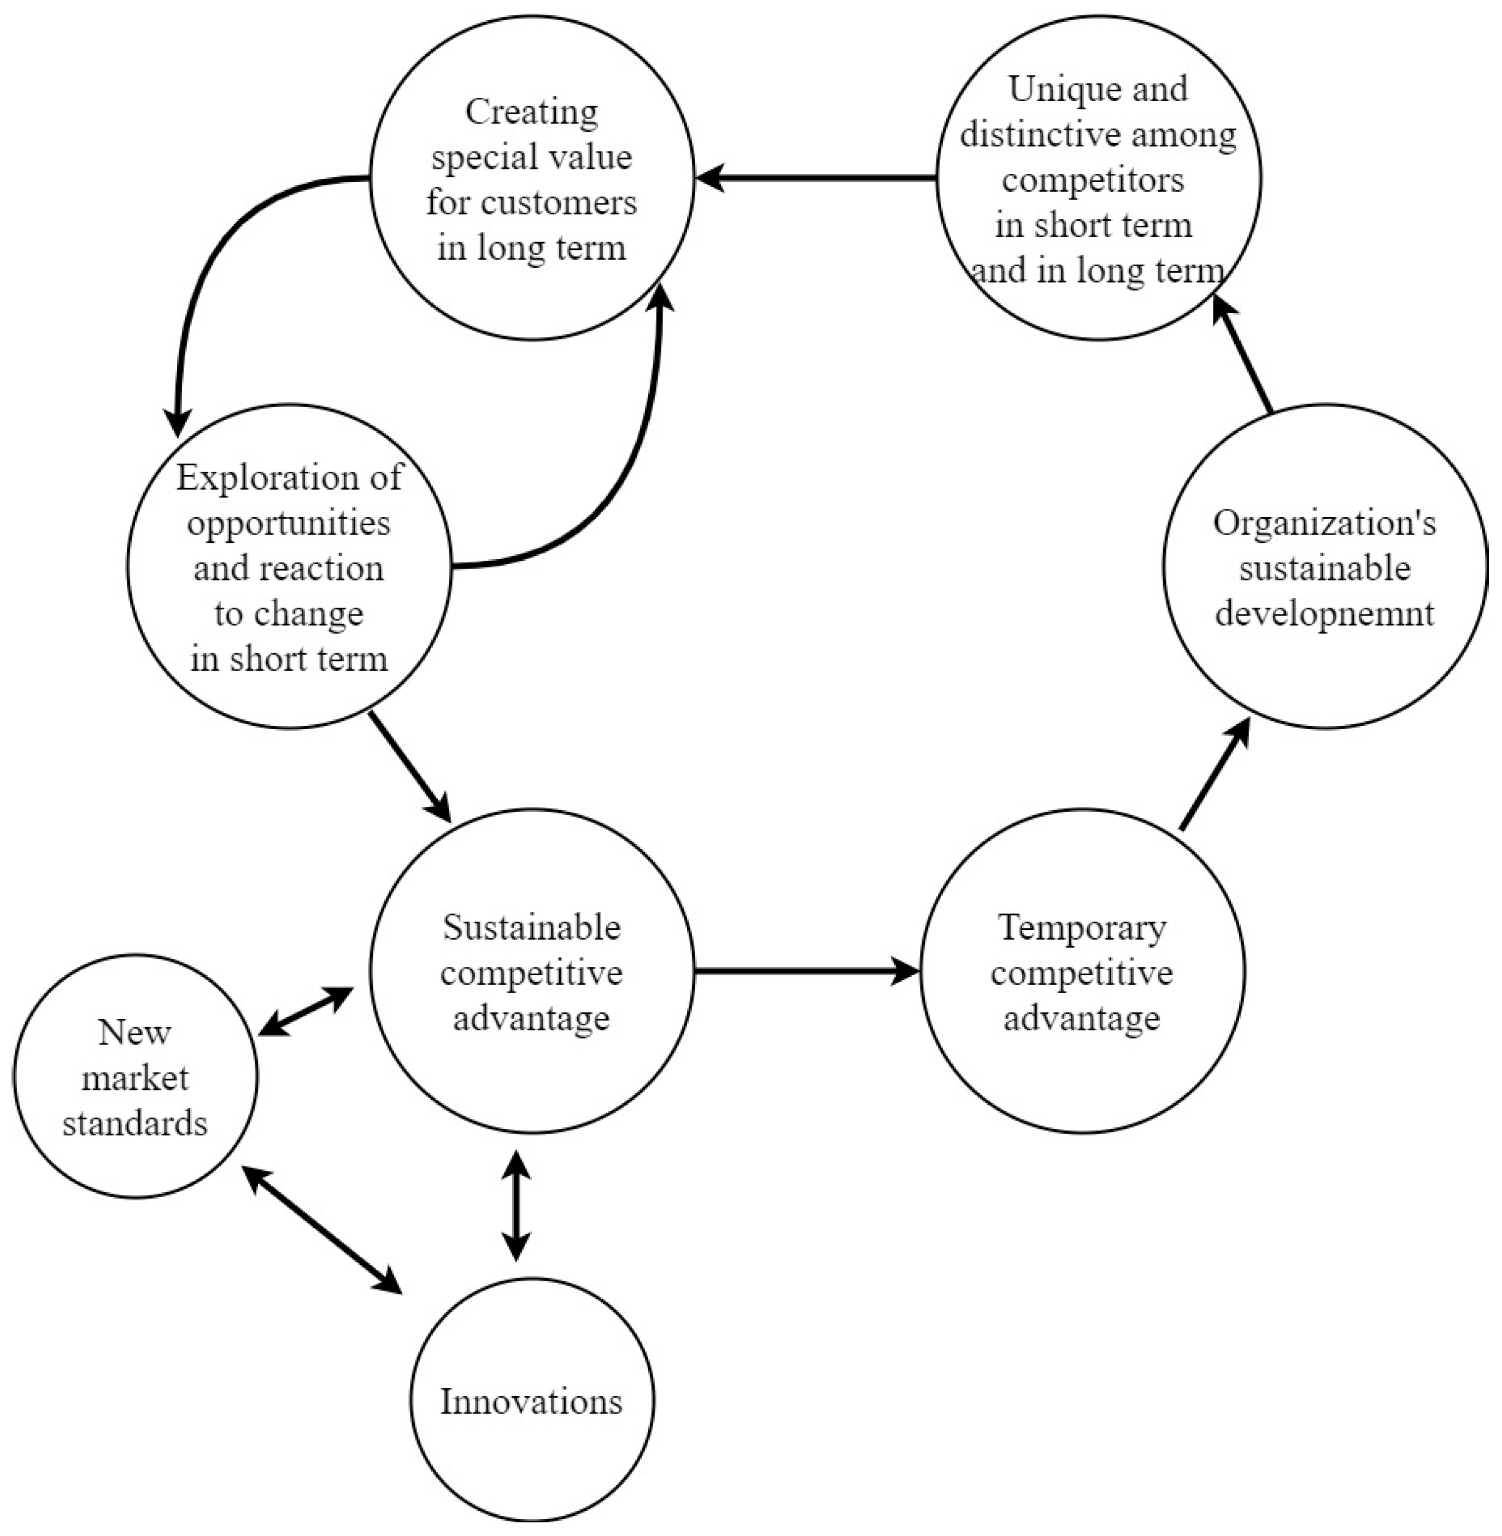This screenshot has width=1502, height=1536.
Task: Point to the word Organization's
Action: [1324, 523]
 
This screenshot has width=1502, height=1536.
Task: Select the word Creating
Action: [531, 112]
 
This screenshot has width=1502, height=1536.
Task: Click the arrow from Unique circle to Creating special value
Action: [817, 178]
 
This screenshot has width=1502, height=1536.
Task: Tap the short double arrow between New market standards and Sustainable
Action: [306, 1011]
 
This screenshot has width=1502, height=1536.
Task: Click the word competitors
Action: [1093, 181]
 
